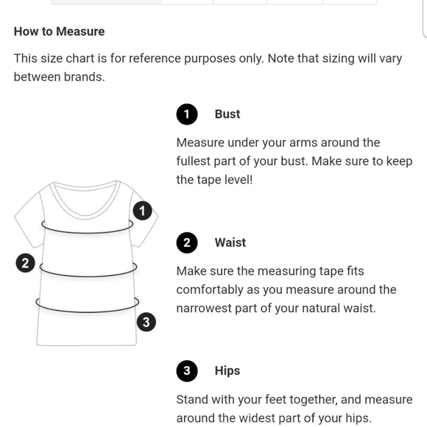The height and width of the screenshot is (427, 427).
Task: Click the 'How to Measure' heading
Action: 59,32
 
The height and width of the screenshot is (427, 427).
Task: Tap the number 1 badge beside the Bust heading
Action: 187,114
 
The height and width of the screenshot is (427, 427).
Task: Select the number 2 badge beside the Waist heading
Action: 187,243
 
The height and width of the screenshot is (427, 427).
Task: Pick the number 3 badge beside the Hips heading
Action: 187,371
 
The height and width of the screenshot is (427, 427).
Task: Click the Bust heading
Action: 227,114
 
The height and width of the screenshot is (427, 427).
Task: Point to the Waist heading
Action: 230,243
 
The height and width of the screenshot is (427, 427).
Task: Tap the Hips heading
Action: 227,371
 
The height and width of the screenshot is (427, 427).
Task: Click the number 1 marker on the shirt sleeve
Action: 142,211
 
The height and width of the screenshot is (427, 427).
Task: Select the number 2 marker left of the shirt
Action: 25,263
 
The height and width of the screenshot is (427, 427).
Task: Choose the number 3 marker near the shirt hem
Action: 147,322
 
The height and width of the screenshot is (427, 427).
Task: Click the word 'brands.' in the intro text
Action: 85,77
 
